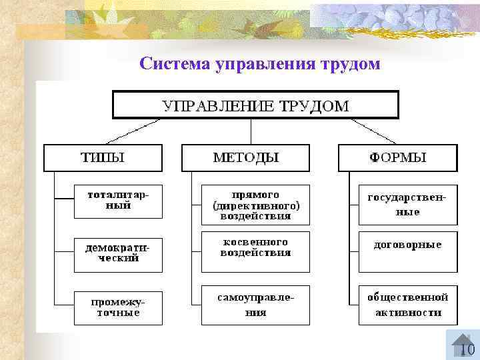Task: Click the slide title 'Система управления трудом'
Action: click(x=260, y=64)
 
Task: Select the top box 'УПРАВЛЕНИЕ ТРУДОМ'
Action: click(x=255, y=105)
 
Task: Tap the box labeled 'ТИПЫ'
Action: click(x=103, y=158)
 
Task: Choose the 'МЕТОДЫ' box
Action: click(x=246, y=158)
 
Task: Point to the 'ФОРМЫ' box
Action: click(x=398, y=158)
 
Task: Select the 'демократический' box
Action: click(x=118, y=253)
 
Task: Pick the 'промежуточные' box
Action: click(x=118, y=307)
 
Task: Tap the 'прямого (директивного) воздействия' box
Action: click(x=256, y=205)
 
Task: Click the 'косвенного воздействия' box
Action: click(x=256, y=251)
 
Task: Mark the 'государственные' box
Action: click(x=408, y=205)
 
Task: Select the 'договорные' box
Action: click(x=408, y=251)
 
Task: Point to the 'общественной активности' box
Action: click(x=408, y=305)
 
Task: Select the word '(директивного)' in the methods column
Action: click(x=256, y=206)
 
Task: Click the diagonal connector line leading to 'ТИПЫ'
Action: click(x=133, y=131)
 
